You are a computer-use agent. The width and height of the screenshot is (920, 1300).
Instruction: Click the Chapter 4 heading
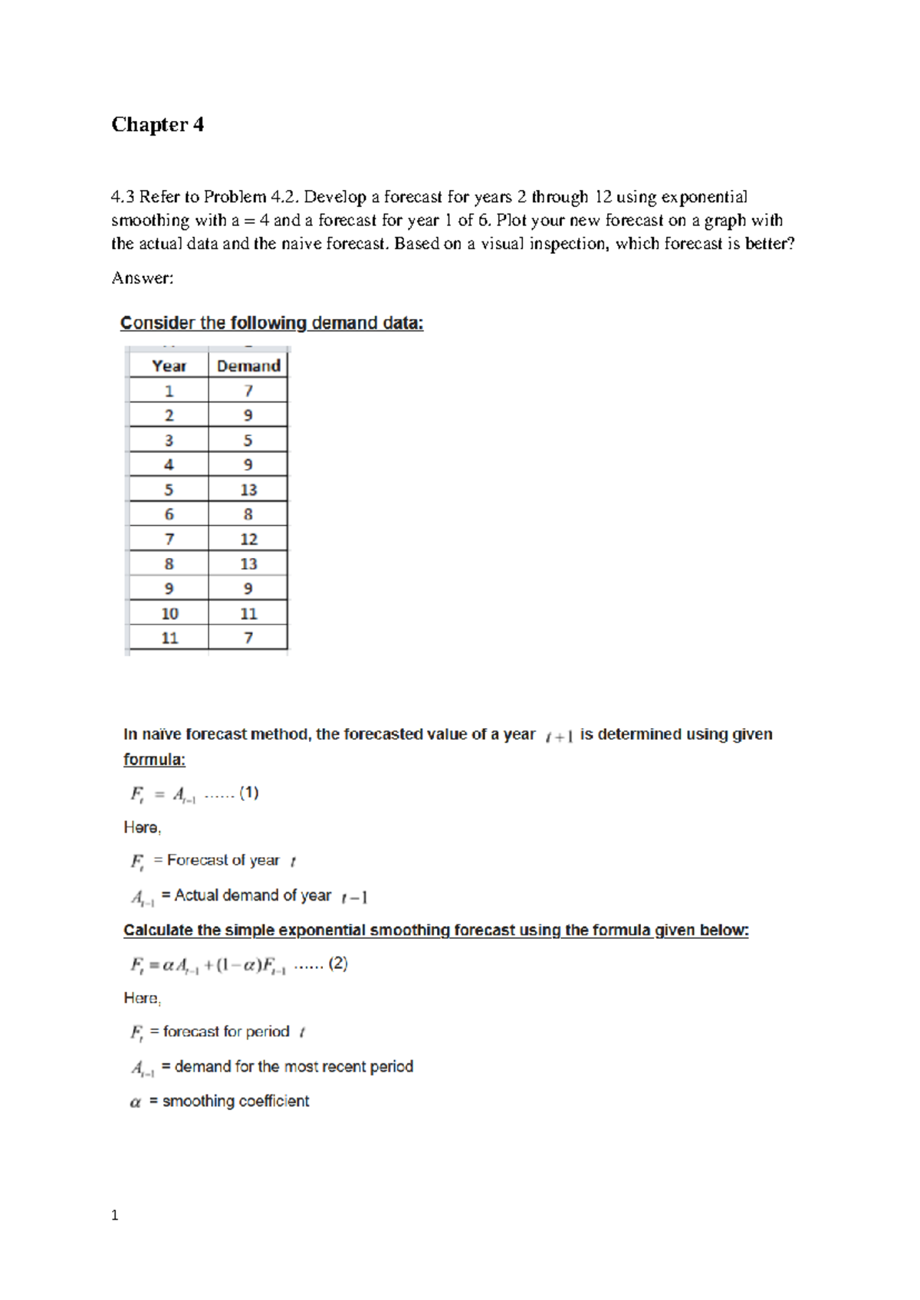point(157,124)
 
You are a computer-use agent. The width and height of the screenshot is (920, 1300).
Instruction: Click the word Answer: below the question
point(143,277)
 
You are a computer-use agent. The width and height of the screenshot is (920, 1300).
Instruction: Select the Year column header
point(169,366)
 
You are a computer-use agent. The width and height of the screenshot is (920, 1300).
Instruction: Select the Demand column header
point(248,366)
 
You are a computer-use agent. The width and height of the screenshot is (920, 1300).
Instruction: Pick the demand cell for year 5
point(248,490)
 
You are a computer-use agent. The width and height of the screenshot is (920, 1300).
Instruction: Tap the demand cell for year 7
point(248,539)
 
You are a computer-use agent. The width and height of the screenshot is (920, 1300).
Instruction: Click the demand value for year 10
point(248,613)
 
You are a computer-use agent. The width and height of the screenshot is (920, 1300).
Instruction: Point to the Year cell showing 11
point(169,638)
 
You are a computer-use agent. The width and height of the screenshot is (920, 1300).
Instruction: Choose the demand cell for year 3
point(248,440)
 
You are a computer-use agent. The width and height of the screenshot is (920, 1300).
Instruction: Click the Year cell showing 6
point(169,514)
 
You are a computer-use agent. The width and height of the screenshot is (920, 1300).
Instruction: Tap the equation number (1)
point(249,793)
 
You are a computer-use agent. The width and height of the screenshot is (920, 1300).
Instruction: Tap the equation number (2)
point(338,964)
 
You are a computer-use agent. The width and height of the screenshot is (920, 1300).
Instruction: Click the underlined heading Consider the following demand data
point(271,323)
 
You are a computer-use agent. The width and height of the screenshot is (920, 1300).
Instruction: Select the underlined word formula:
point(154,760)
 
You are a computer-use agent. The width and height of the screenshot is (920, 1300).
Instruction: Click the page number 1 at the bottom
point(115,1215)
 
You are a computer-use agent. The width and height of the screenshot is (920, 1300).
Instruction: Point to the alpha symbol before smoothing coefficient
point(136,1102)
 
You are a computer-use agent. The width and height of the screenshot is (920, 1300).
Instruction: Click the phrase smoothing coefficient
point(235,1101)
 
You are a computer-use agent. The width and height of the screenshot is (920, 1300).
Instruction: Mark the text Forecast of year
point(223,860)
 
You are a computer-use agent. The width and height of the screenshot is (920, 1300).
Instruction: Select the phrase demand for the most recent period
point(294,1066)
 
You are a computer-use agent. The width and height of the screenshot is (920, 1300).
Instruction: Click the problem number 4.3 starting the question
point(123,197)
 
